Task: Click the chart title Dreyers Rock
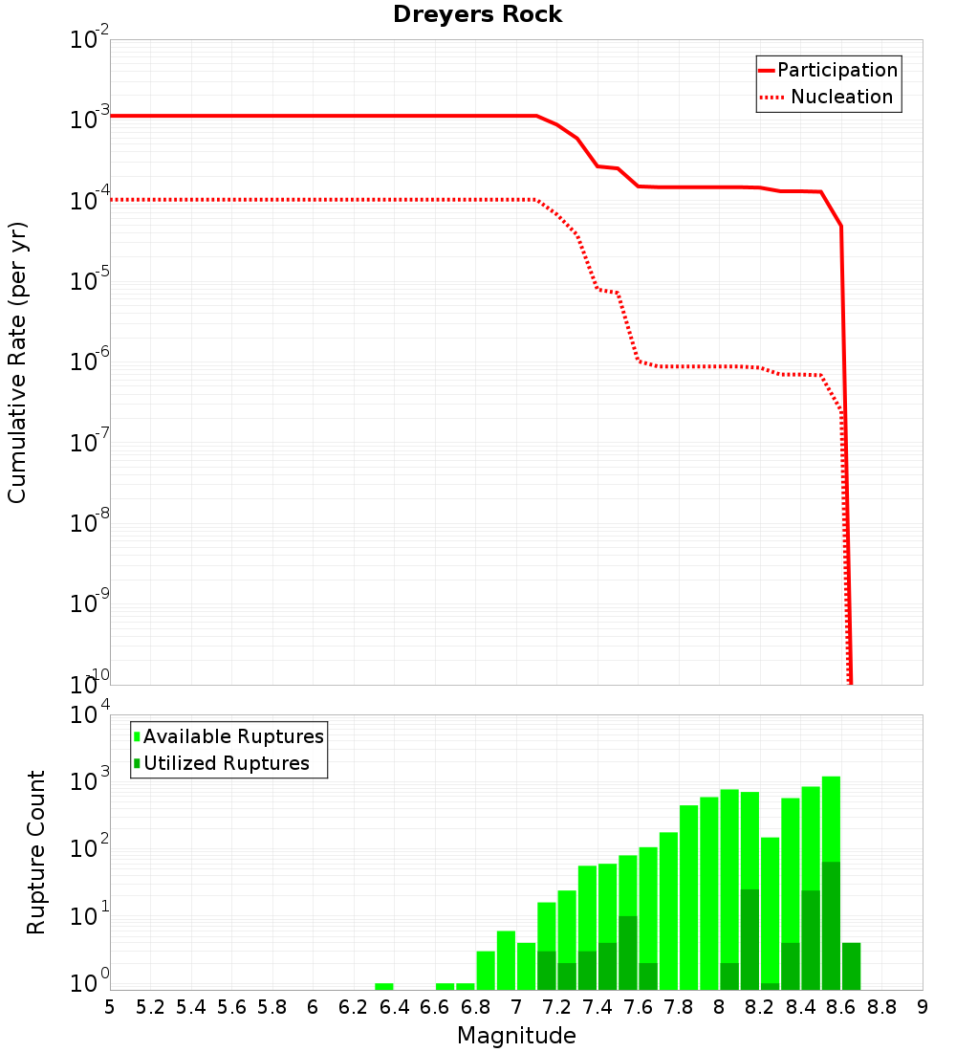coord(477,15)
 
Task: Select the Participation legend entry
coord(828,71)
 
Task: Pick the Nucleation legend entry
coord(828,98)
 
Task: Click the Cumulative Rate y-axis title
coord(17,362)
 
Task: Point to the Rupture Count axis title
coord(36,852)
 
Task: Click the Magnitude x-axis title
coord(516,1036)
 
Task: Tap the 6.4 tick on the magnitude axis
coord(394,1007)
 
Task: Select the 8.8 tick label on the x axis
coord(881,1007)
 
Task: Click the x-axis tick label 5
coord(110,1007)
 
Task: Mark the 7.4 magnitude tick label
coord(597,1007)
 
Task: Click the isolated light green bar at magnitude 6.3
coord(383,986)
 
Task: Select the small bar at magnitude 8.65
coord(851,966)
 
